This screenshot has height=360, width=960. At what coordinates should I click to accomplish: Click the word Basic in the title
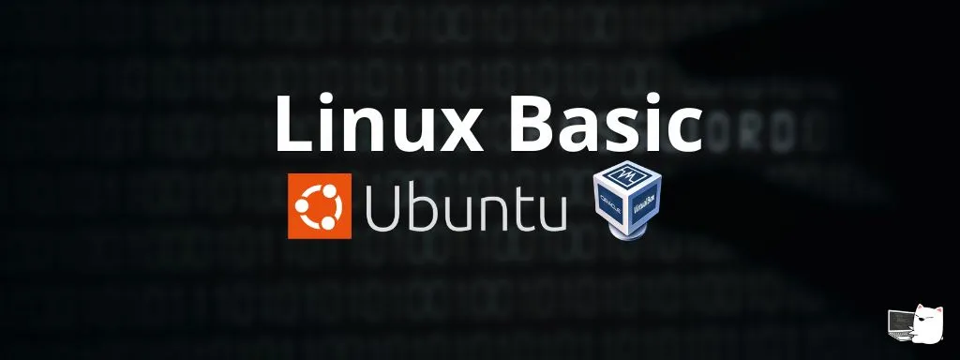(x=599, y=126)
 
